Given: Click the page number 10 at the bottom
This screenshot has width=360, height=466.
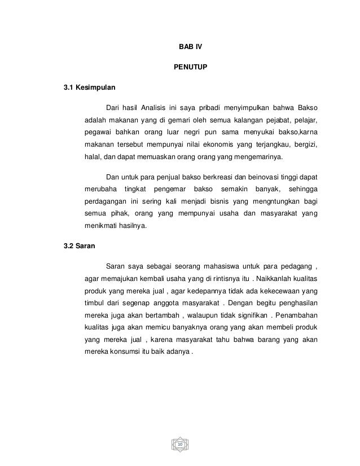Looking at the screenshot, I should (x=180, y=446).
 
